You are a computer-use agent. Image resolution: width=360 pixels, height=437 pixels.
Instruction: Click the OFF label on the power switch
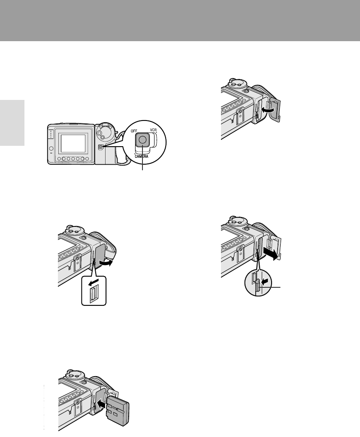click(134, 131)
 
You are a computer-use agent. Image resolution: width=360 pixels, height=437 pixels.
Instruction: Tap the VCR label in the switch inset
click(153, 130)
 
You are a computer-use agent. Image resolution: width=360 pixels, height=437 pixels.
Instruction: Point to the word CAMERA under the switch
click(141, 157)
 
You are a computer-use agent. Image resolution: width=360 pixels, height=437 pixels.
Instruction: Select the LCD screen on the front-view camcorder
click(73, 144)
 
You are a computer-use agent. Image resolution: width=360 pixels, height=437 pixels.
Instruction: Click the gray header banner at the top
click(180, 21)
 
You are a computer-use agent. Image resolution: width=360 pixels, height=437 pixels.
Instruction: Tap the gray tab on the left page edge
click(12, 123)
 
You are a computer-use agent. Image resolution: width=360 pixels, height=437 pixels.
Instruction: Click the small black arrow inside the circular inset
click(266, 279)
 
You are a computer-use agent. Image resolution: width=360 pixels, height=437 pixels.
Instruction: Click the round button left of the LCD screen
click(51, 148)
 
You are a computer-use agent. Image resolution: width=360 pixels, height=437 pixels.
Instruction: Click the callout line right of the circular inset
click(270, 286)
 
